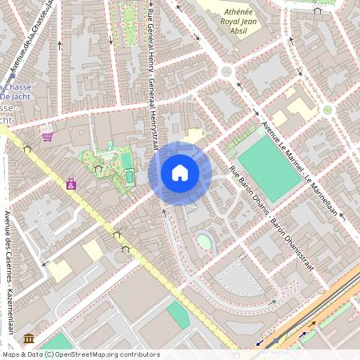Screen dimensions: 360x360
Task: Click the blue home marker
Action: coord(180,172)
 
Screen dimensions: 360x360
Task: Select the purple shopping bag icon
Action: coord(71,184)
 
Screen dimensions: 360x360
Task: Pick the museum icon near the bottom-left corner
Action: coord(29,338)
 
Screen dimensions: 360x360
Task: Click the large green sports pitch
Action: coord(268,167)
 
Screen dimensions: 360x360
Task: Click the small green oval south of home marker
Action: coord(205,242)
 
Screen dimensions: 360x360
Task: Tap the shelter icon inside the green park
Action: coord(98,168)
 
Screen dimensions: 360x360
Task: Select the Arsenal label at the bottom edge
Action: coord(280,352)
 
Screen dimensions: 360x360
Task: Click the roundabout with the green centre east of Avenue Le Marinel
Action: coord(326,110)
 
